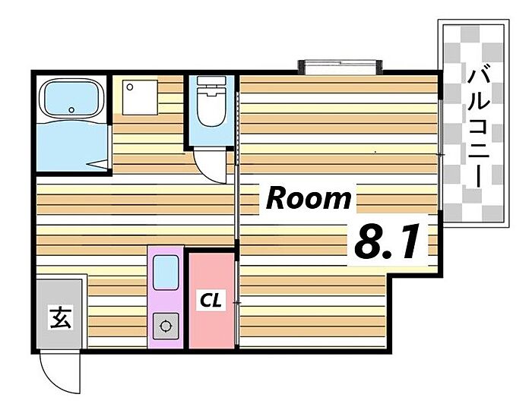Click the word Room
308,199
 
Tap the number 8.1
387,241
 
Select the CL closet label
211,300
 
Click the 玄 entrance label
61,317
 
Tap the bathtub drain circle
71,110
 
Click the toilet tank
211,80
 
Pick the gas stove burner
166,326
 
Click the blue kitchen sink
166,273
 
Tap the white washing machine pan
140,98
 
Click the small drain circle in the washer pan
130,87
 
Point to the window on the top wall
340,67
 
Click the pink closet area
211,301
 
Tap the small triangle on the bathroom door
97,164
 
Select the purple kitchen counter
166,297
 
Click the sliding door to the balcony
440,155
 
